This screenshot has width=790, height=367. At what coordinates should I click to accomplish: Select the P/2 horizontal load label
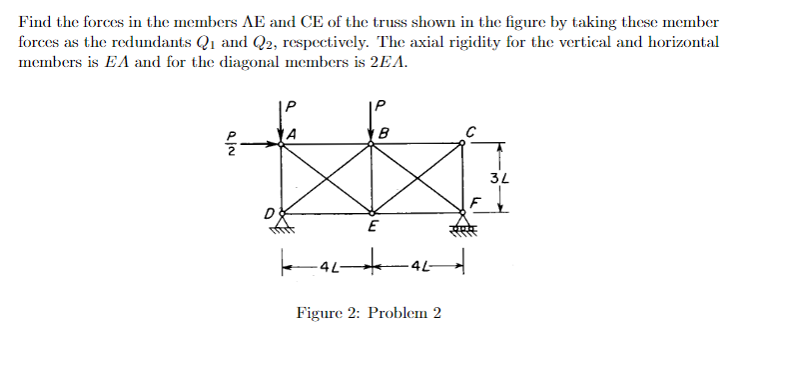pos(232,145)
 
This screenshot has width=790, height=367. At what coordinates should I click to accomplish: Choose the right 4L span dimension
pos(416,267)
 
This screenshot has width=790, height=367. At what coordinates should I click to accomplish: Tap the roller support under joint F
pos(462,223)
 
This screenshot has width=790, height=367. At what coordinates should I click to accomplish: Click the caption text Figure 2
pos(369,313)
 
